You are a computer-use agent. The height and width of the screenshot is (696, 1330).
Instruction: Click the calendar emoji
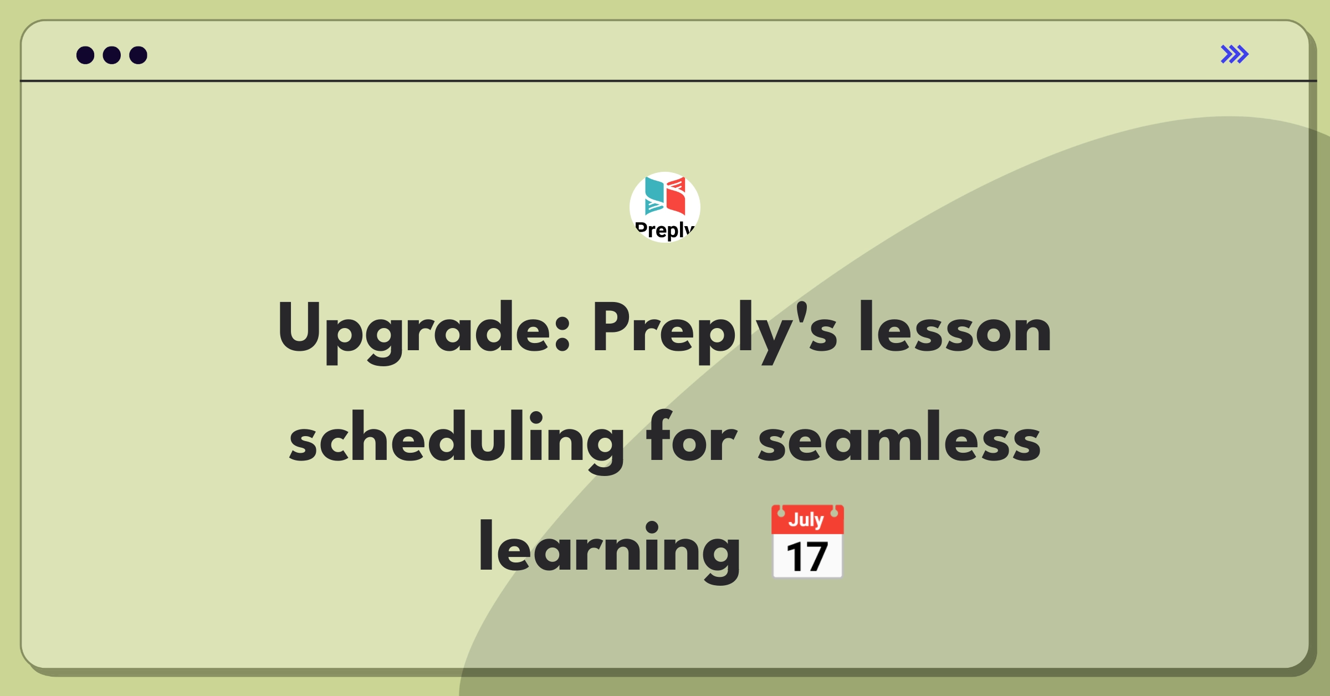click(807, 541)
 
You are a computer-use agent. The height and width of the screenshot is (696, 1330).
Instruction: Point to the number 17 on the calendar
click(807, 557)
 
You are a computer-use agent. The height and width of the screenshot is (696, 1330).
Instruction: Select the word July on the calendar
click(806, 520)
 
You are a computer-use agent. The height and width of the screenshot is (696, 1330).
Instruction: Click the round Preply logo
click(665, 207)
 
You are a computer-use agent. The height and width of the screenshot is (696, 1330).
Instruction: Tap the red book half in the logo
click(676, 196)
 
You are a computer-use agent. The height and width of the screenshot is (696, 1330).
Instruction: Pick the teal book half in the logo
click(654, 196)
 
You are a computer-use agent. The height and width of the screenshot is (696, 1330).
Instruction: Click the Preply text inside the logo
click(665, 230)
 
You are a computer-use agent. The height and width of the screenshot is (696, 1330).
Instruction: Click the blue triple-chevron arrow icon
click(1235, 54)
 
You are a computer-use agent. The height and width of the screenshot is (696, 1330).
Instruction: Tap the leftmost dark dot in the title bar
click(85, 55)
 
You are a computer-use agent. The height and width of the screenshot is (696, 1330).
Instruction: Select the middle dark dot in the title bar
click(112, 55)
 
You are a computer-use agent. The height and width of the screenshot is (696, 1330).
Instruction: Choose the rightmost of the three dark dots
click(139, 55)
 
